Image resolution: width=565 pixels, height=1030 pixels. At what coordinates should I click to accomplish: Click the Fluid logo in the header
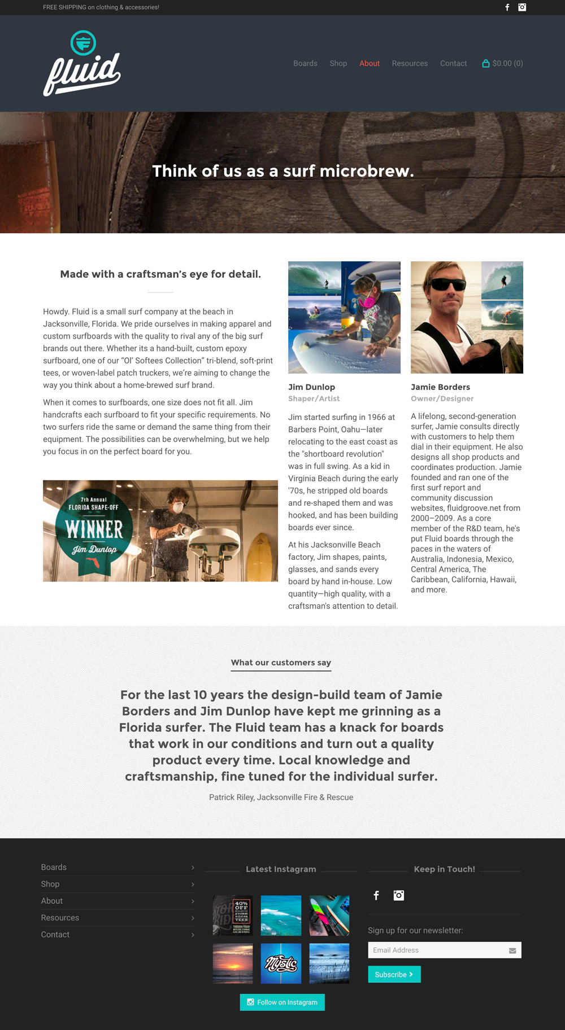pyautogui.click(x=82, y=63)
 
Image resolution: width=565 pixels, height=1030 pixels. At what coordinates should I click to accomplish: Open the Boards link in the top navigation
pyautogui.click(x=305, y=63)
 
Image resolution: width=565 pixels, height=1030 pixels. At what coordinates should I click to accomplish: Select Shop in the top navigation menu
pyautogui.click(x=338, y=63)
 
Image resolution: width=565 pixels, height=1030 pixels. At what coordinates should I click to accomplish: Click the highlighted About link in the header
pyautogui.click(x=370, y=63)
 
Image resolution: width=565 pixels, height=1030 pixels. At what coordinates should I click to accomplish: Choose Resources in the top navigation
pyautogui.click(x=410, y=63)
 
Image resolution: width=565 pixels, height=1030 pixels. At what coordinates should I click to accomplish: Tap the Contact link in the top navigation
pyautogui.click(x=453, y=63)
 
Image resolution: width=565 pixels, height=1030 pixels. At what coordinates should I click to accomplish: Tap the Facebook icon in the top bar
pyautogui.click(x=507, y=7)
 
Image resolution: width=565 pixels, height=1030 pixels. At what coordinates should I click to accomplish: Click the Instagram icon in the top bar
pyautogui.click(x=522, y=7)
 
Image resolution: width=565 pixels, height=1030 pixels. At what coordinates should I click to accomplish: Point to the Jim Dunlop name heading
pyautogui.click(x=311, y=387)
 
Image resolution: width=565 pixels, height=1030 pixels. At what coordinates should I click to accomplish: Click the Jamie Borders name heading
pyautogui.click(x=440, y=387)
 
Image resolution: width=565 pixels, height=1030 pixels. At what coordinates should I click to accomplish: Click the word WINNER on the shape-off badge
pyautogui.click(x=94, y=529)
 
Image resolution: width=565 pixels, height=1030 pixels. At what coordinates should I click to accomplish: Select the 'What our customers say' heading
pyautogui.click(x=281, y=663)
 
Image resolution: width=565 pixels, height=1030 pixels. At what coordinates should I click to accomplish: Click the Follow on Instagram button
pyautogui.click(x=282, y=1002)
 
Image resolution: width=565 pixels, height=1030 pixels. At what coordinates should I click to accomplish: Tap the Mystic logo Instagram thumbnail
pyautogui.click(x=281, y=963)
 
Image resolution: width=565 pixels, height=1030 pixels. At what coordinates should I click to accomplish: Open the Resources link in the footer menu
pyautogui.click(x=60, y=918)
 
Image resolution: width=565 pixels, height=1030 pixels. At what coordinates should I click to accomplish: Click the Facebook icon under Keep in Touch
pyautogui.click(x=376, y=895)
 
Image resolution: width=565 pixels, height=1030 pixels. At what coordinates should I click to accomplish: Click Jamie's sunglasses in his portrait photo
pyautogui.click(x=448, y=284)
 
